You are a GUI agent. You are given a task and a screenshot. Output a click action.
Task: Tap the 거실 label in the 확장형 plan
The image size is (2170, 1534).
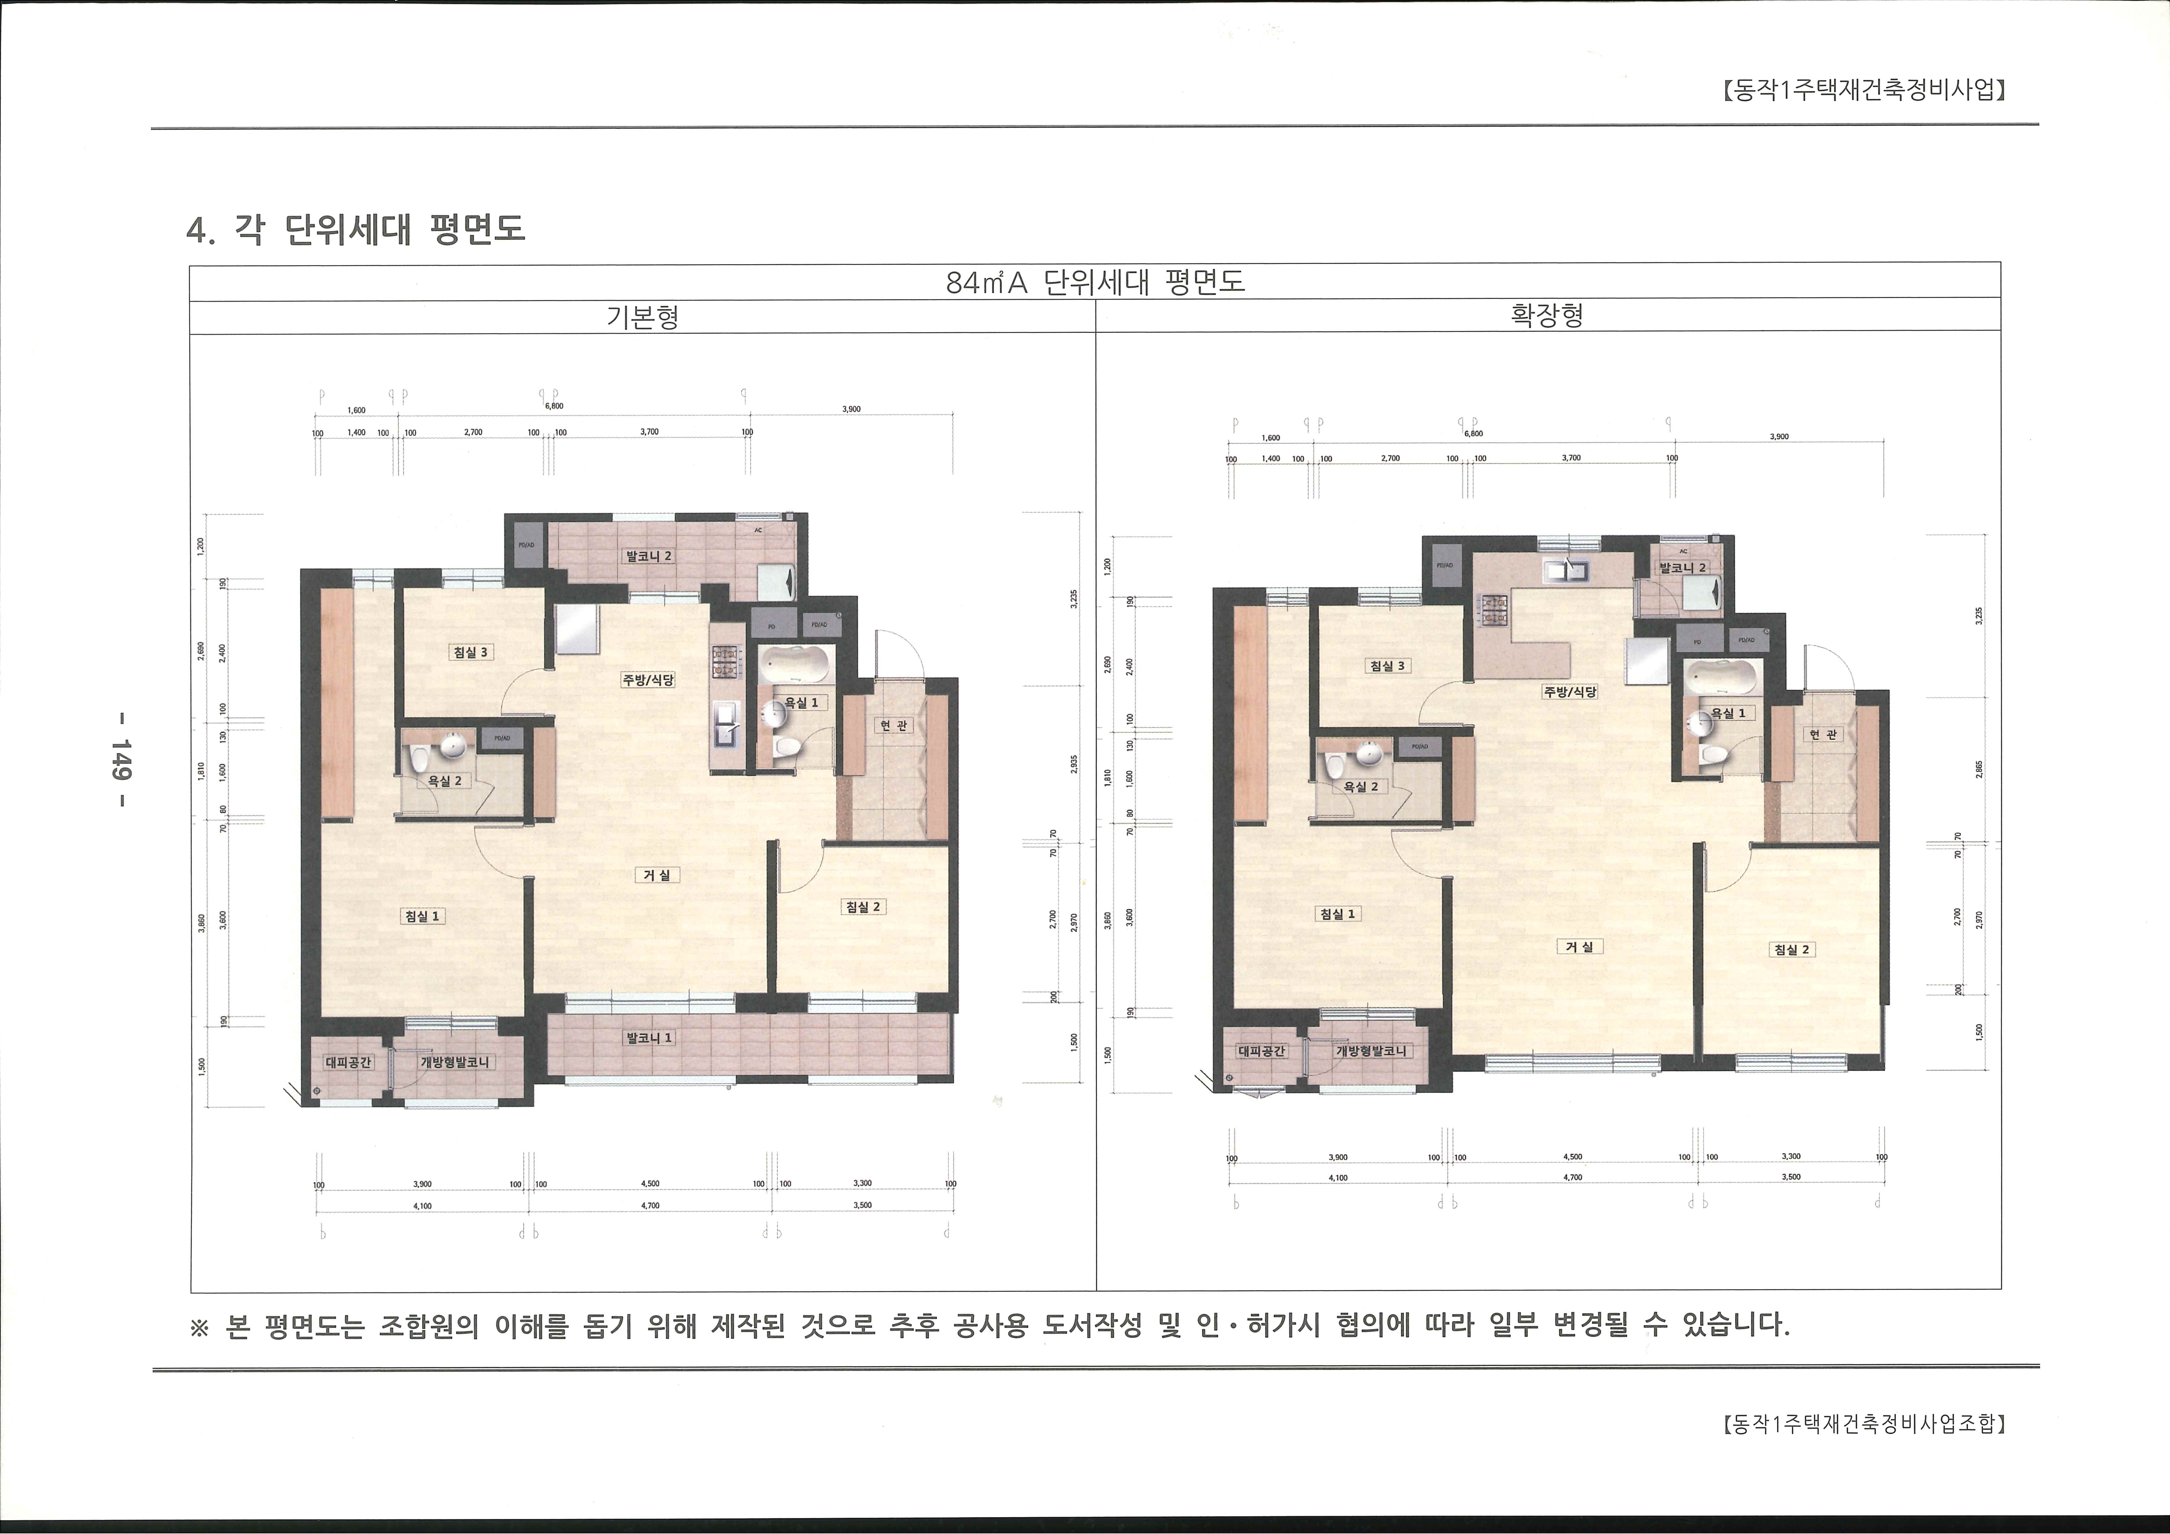(1579, 946)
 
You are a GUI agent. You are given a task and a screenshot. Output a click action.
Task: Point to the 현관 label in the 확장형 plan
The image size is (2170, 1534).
(1823, 734)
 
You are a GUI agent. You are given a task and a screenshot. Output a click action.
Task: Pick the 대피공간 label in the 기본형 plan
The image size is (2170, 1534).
(349, 1062)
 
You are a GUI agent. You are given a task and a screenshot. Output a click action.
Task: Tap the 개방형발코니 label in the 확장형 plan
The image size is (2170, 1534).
(1370, 1051)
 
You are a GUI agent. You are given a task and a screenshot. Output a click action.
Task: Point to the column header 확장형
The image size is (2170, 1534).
(1547, 316)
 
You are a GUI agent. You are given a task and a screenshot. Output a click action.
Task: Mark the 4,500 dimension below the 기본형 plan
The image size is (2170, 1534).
(650, 1183)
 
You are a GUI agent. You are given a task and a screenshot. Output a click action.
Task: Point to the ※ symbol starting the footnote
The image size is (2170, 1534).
(199, 1327)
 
